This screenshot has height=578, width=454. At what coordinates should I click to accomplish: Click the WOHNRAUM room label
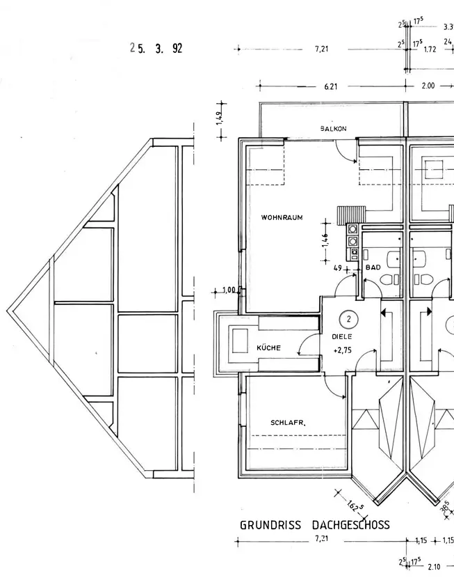point(282,217)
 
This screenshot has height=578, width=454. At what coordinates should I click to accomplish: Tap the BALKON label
point(333,129)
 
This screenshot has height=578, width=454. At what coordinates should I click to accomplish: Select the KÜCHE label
point(268,347)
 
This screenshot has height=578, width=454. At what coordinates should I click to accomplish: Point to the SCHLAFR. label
point(288,423)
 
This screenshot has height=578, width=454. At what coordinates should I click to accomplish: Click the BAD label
point(373,267)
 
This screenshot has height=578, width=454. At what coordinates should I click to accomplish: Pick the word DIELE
point(342,336)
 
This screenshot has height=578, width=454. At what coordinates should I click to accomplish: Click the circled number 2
point(349,319)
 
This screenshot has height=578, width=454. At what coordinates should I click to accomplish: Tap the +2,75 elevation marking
point(342,350)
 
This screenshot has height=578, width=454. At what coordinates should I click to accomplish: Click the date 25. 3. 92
point(156,48)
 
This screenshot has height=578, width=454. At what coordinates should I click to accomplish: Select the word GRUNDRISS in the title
point(270,525)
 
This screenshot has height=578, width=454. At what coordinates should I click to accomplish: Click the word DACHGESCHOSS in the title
point(350,524)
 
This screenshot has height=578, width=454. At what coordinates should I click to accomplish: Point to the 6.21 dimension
point(331,86)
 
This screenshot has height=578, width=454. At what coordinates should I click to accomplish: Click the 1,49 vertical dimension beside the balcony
point(219,118)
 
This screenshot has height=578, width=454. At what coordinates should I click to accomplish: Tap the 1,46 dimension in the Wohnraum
point(325,241)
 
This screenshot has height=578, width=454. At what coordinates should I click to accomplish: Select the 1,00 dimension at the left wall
point(229,290)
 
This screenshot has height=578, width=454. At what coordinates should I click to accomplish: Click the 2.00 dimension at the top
point(428,86)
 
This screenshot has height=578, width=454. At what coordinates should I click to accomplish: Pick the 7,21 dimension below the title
point(321,538)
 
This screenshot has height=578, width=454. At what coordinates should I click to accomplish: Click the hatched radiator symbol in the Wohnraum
point(351,213)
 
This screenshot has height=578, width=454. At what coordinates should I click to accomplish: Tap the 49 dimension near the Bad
point(338,268)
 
